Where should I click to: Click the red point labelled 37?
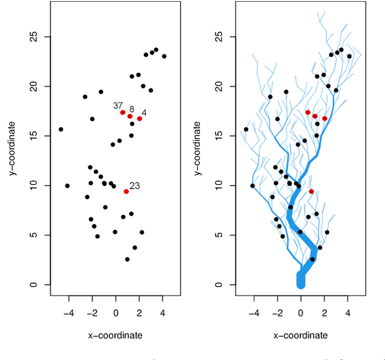(x=123, y=113)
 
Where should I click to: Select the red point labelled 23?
(x=126, y=191)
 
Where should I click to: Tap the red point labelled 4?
(x=140, y=119)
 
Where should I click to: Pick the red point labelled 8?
(x=130, y=116)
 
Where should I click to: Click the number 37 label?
(x=118, y=105)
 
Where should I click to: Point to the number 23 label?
(x=135, y=186)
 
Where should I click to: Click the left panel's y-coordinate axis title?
(x=12, y=148)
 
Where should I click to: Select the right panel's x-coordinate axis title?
(x=301, y=335)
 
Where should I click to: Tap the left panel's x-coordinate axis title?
(x=115, y=335)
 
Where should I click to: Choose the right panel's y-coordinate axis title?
(x=197, y=148)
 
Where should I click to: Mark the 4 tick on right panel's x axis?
(x=348, y=314)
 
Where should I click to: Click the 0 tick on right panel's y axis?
(x=220, y=285)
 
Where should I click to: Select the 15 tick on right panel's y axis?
(x=220, y=136)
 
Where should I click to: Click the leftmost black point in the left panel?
(x=61, y=129)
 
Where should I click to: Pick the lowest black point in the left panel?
(x=127, y=259)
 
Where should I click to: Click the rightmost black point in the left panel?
(x=164, y=56)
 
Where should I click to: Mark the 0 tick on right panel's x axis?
(x=301, y=314)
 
